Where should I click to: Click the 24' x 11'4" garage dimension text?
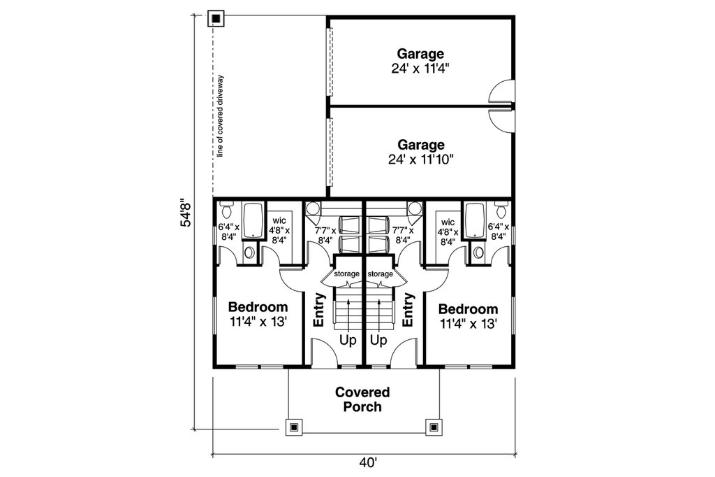pos(420,69)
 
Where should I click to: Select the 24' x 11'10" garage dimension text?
pos(420,159)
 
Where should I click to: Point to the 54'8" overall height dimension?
pos(186,214)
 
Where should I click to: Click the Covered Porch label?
pos(362,399)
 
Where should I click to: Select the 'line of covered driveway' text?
pos(219,115)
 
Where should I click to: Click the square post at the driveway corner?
pos(216,18)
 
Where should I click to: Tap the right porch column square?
pos(434,426)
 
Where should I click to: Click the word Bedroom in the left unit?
pos(258,307)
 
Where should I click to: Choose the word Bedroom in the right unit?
pos(469,309)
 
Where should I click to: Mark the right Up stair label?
pos(378,341)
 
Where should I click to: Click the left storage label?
pos(346,274)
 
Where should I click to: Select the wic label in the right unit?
pos(448,222)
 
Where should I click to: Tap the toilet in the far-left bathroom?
pos(226,209)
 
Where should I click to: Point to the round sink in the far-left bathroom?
pos(250,252)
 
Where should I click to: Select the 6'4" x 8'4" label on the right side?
pos(498,232)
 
